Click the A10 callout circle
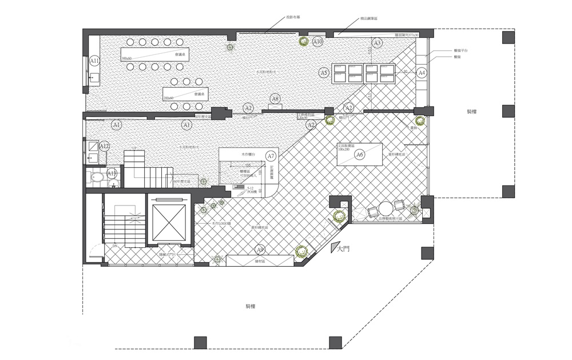click(318, 42)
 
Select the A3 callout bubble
click(376, 43)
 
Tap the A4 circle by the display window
click(422, 73)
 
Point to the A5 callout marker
click(324, 73)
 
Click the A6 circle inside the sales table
click(360, 155)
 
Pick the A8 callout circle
click(275, 99)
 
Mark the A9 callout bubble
click(260, 250)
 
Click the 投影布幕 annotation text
click(293, 17)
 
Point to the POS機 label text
click(250, 192)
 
